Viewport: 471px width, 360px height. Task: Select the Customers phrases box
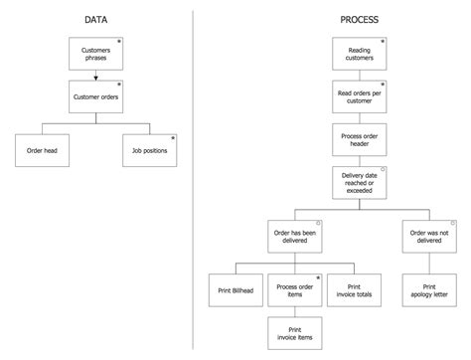pyautogui.click(x=95, y=54)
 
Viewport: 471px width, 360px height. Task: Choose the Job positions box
pyautogui.click(x=149, y=150)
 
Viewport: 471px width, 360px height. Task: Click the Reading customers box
pyautogui.click(x=359, y=54)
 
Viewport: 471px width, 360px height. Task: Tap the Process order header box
pyautogui.click(x=359, y=140)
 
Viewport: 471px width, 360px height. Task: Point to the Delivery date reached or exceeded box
pyautogui.click(x=359, y=183)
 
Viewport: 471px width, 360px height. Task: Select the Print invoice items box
pyautogui.click(x=294, y=333)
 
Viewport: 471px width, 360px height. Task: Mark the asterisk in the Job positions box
pyautogui.click(x=172, y=138)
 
